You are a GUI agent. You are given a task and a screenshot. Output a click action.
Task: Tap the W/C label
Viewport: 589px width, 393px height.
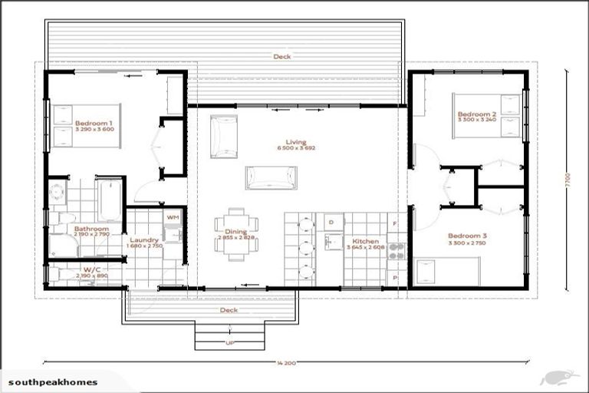[91, 271]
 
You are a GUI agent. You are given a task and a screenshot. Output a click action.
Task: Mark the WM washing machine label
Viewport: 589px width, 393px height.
[172, 219]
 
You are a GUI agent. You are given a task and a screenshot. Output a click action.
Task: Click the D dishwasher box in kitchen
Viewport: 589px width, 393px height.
[331, 223]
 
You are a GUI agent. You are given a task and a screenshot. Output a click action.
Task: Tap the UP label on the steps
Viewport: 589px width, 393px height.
[229, 342]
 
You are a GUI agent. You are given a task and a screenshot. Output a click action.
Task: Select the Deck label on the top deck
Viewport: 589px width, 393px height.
[281, 57]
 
